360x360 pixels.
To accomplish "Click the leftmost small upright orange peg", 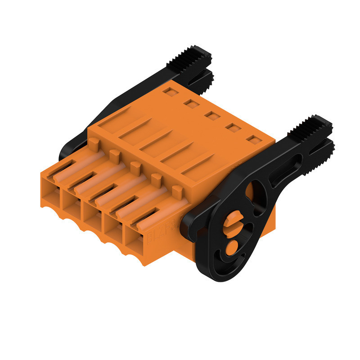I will (x=94, y=144).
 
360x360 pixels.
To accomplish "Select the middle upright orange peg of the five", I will (x=135, y=169).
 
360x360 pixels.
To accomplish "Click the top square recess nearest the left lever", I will (x=170, y=92).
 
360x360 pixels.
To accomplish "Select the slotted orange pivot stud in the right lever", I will (x=233, y=224).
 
